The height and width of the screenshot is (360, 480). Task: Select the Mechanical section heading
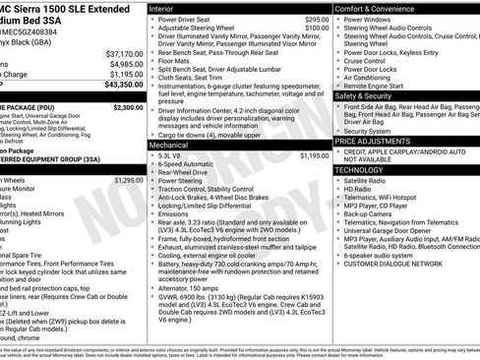click(170, 145)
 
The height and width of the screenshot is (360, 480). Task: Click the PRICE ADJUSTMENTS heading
click(374, 142)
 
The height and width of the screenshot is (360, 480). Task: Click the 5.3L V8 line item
click(170, 155)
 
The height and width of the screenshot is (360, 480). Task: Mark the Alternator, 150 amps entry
click(195, 286)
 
